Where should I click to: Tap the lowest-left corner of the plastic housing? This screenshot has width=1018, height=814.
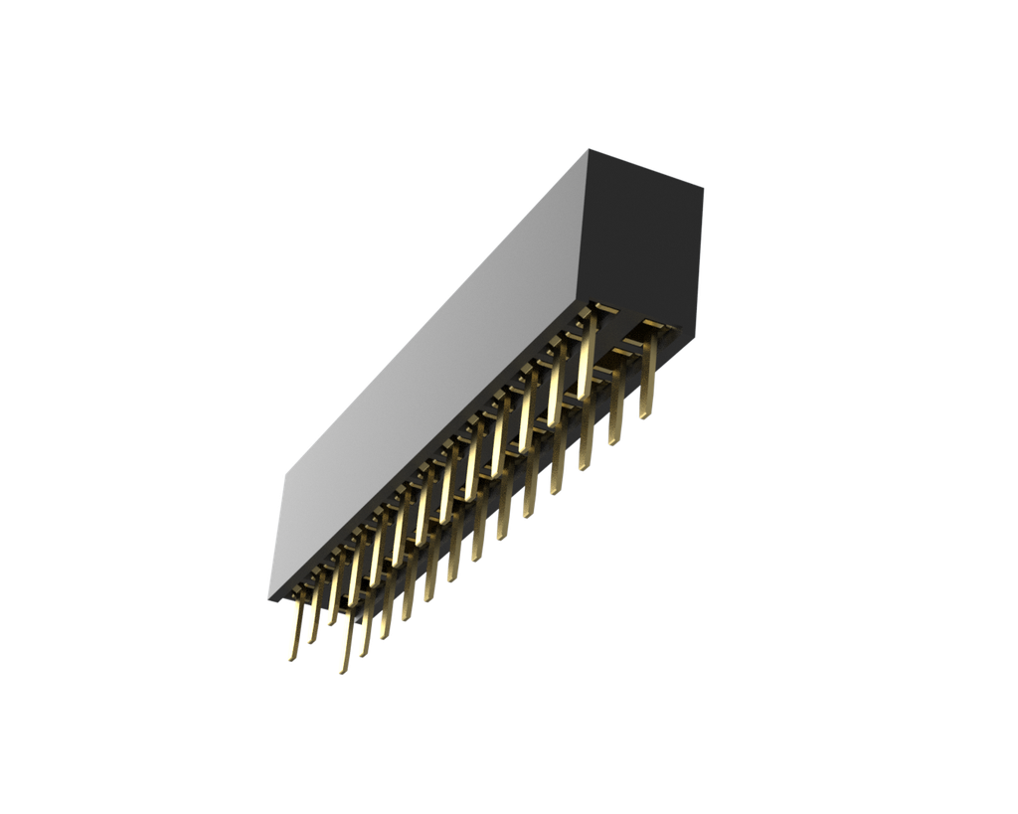click(266, 600)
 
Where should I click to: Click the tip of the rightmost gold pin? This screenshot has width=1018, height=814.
click(645, 416)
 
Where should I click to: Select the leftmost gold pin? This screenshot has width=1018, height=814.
click(295, 631)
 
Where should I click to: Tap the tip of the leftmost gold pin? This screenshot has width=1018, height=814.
click(291, 660)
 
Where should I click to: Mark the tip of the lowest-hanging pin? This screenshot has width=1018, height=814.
click(341, 673)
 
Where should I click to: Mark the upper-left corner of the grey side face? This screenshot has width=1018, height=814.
click(284, 473)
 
